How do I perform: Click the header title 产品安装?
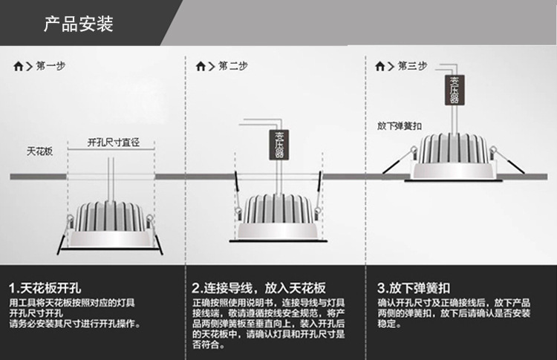tap(78, 25)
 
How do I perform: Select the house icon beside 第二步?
tap(201, 66)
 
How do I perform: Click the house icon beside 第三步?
tap(382, 66)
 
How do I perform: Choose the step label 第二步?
tap(232, 66)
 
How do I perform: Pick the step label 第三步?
tap(413, 66)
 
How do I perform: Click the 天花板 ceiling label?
tap(39, 151)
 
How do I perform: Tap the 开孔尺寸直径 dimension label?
tap(114, 141)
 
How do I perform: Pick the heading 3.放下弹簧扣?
tap(414, 288)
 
